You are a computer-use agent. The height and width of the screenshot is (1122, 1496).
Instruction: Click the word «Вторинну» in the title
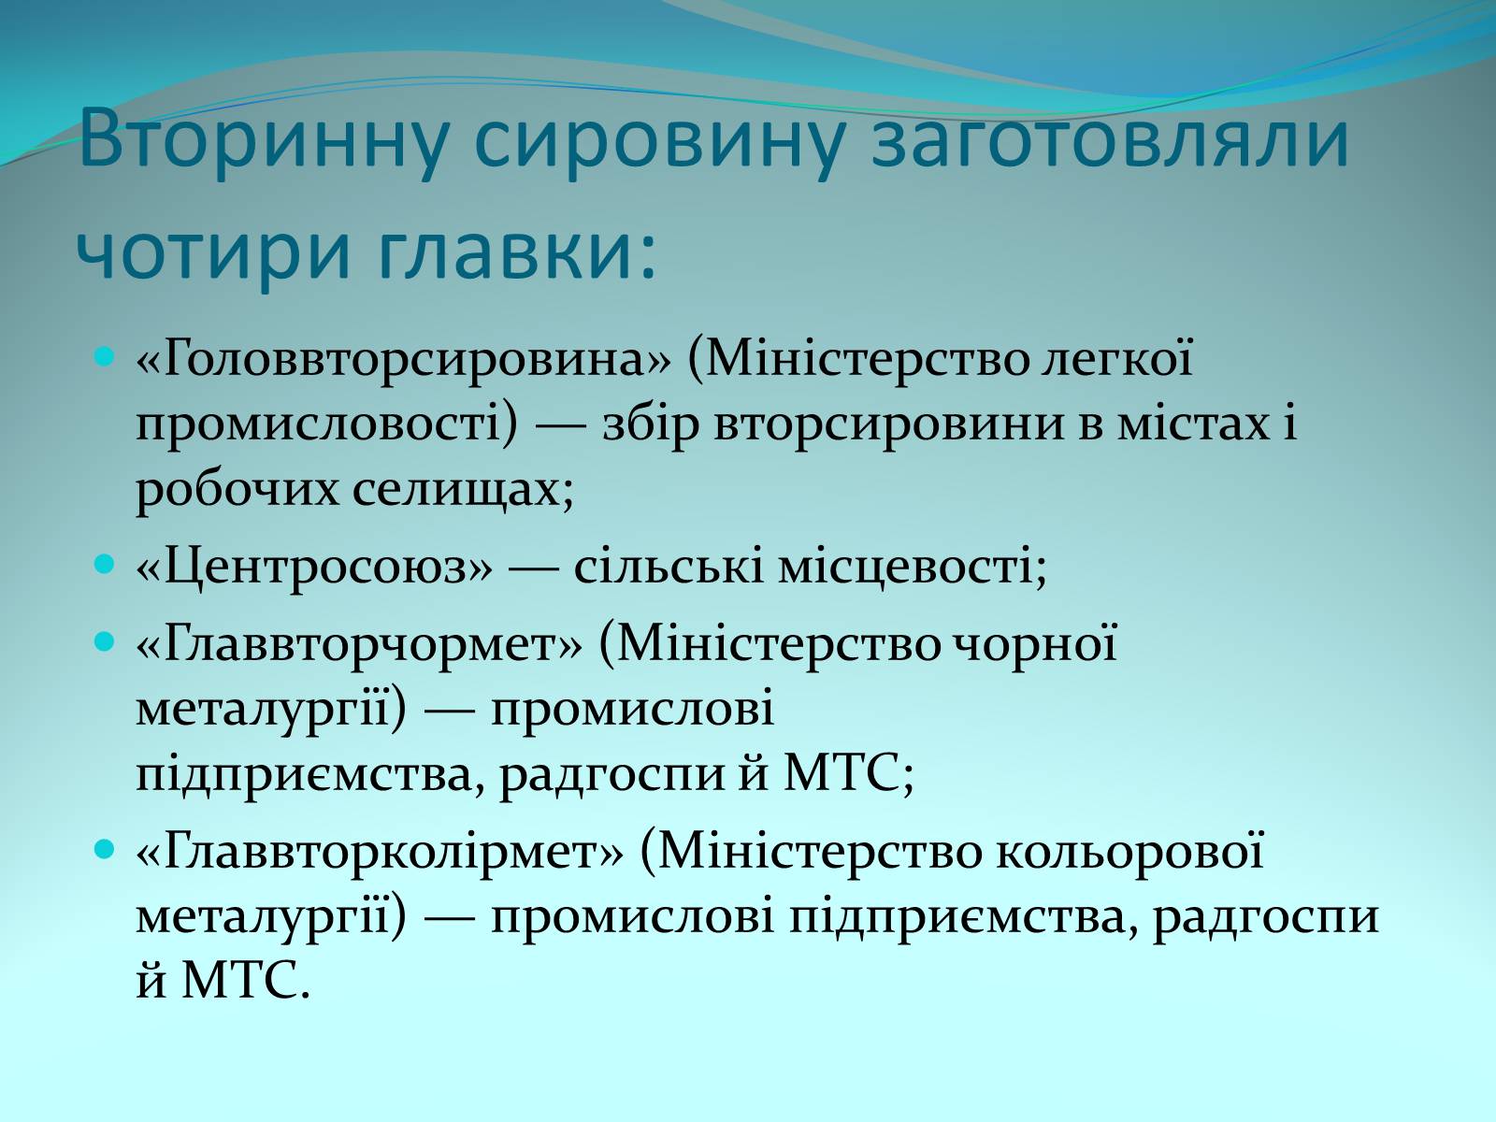(264, 139)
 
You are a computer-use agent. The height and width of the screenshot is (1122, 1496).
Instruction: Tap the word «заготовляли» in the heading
(1110, 139)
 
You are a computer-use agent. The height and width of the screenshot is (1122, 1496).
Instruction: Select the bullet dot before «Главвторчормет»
(104, 641)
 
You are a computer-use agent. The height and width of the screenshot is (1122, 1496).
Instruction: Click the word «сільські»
(668, 566)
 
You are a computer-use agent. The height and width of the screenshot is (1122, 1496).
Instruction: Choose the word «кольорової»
(1130, 852)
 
